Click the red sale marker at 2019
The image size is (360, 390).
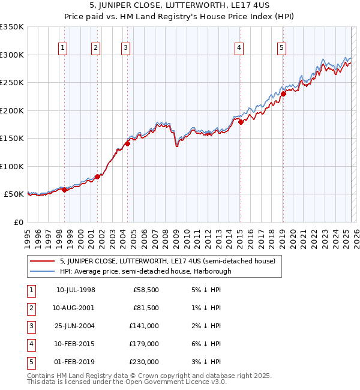(283, 94)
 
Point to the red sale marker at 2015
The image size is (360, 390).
(241, 122)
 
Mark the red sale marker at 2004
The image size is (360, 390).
(128, 143)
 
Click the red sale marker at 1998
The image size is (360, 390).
(65, 190)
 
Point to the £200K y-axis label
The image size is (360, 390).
(12, 110)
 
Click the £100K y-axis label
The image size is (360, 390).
(12, 166)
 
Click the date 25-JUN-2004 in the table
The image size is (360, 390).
(75, 326)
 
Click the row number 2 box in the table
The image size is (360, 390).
(29, 308)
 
